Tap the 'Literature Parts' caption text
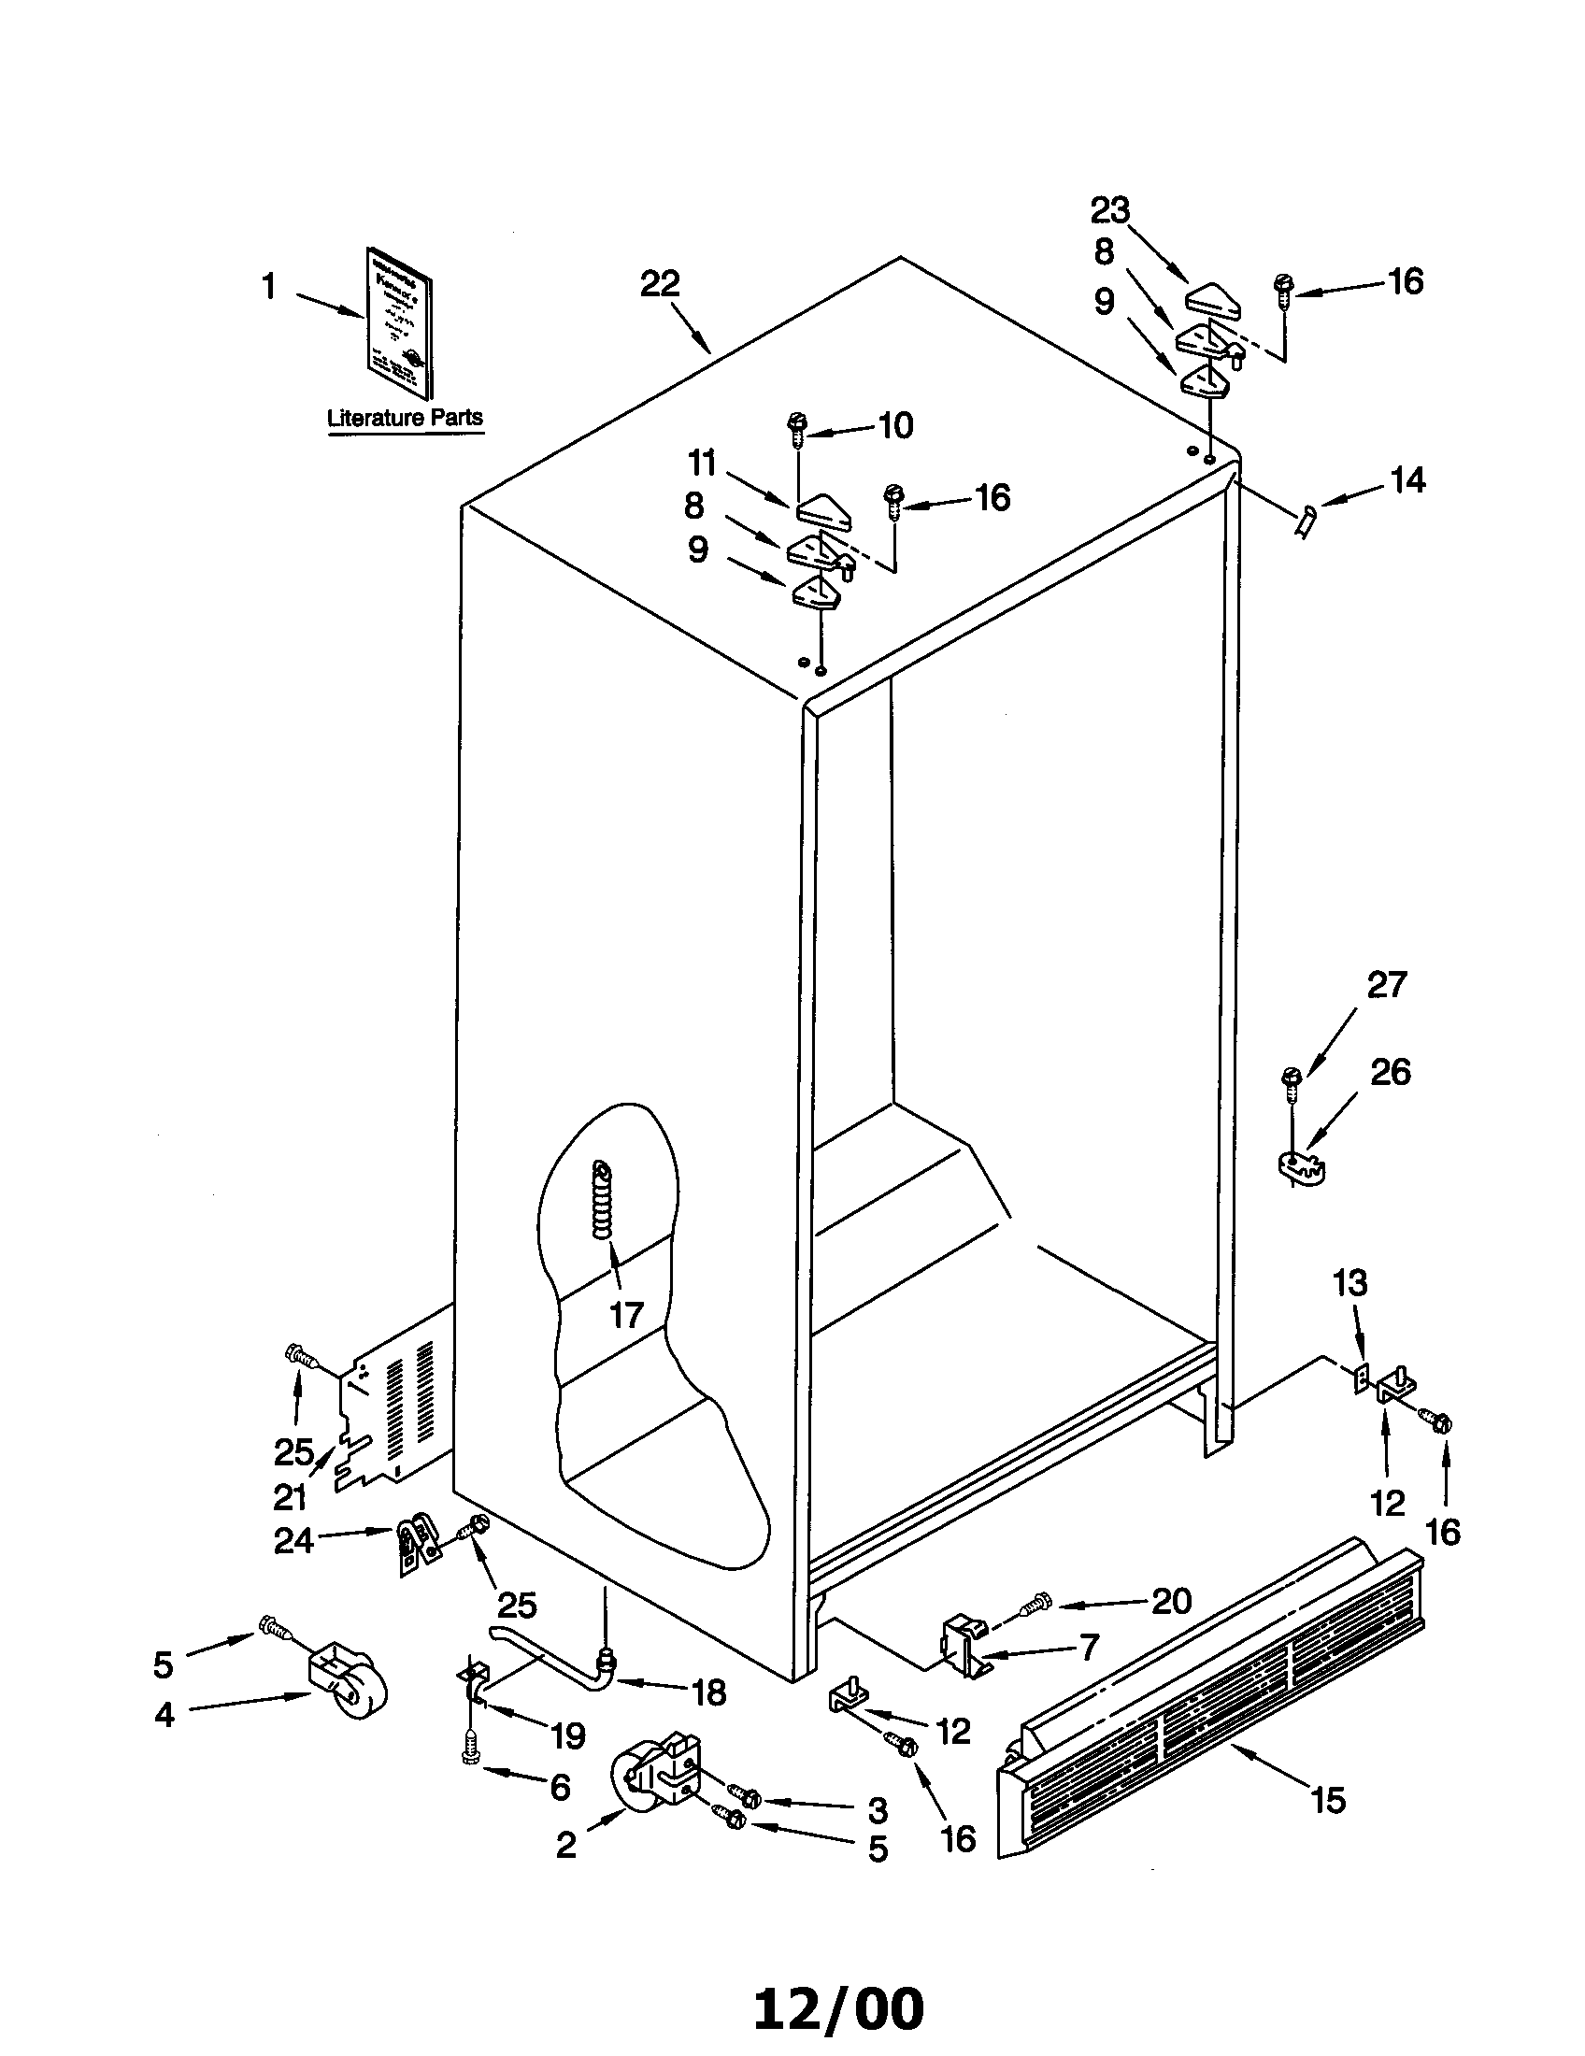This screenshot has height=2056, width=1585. tap(405, 417)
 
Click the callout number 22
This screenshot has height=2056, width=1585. tap(660, 284)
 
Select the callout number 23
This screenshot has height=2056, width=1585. tap(1109, 211)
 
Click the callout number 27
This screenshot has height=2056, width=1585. tap(1385, 986)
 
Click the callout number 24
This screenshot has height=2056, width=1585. tap(293, 1541)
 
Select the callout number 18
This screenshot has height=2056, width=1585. tap(708, 1692)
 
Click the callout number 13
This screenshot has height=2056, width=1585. tap(1349, 1283)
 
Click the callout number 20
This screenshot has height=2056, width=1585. tap(1171, 1600)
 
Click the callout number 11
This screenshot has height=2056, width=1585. tap(701, 464)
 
